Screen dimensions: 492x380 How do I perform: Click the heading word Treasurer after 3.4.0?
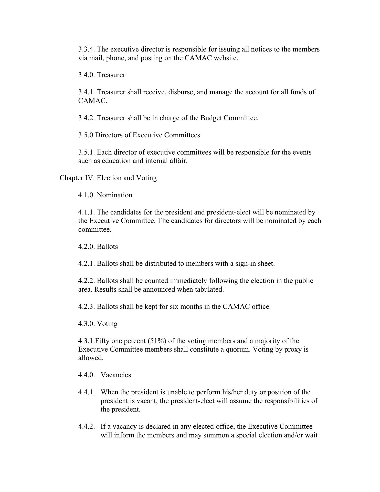point(111,75)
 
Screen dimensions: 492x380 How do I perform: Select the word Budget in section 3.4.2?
point(211,118)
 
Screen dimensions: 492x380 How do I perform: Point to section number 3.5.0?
point(86,135)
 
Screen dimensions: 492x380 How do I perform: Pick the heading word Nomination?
point(115,195)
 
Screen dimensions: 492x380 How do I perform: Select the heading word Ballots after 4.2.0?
point(107,247)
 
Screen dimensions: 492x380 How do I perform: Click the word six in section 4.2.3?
point(174,306)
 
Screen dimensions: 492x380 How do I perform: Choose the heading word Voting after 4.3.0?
point(107,324)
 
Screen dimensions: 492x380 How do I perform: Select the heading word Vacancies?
point(116,375)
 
